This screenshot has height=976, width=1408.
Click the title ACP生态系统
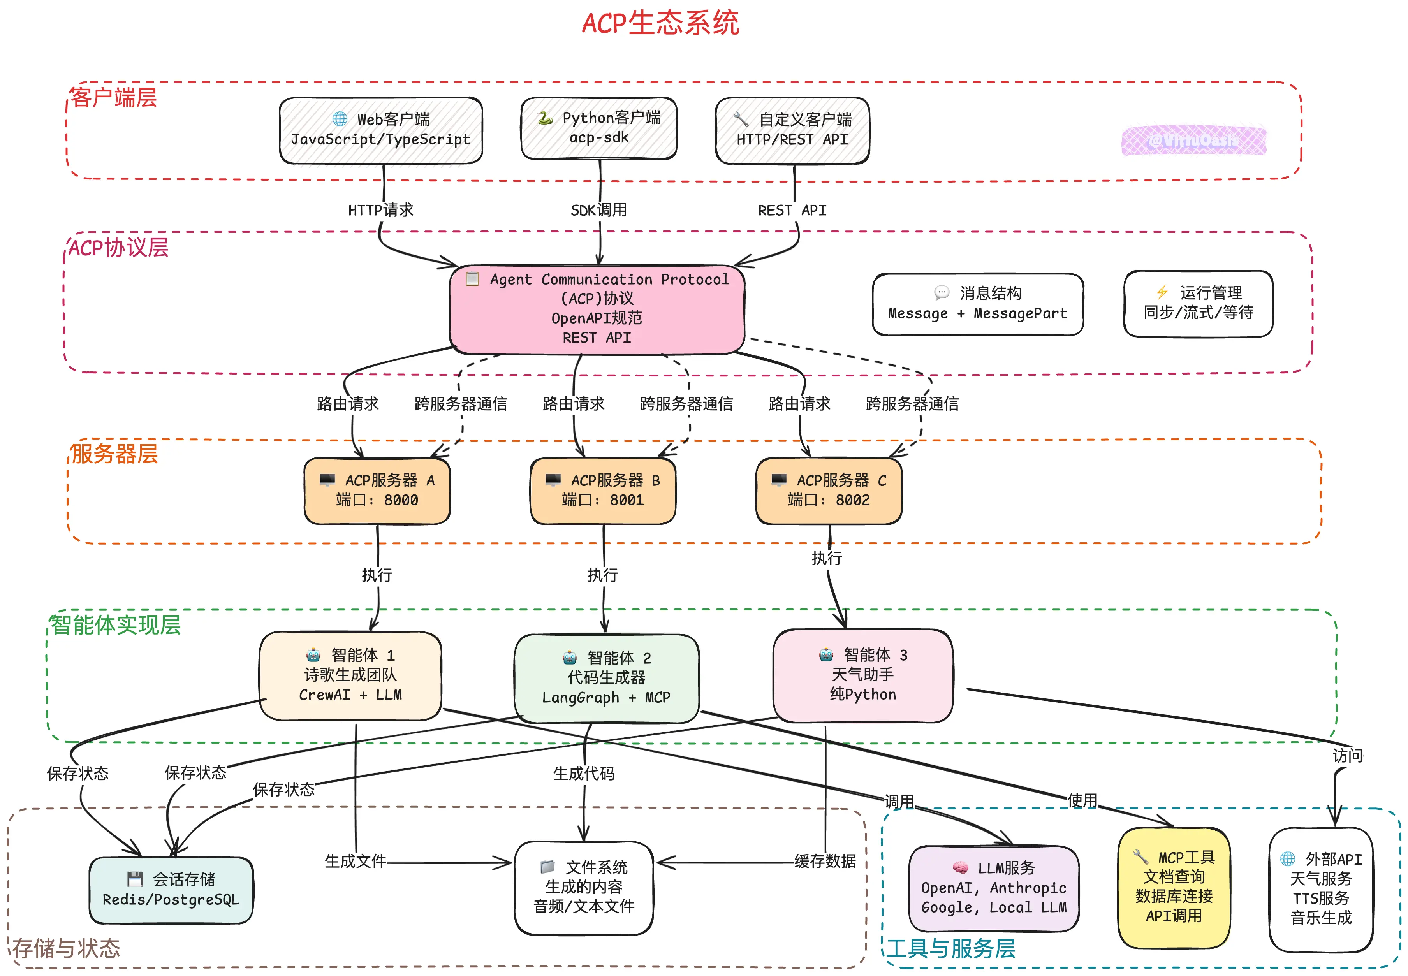(660, 23)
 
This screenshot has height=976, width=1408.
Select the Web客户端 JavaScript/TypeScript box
(380, 130)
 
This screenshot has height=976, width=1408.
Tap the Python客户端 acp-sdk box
(599, 128)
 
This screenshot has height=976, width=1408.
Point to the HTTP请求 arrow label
(380, 210)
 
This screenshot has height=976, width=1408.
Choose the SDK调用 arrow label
(599, 210)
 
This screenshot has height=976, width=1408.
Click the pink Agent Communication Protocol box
(597, 309)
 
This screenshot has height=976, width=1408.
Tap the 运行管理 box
(1198, 303)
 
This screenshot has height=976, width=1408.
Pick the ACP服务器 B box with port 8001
(603, 491)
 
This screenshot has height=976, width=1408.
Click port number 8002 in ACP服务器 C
(853, 500)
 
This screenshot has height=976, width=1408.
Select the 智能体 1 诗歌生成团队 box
(350, 675)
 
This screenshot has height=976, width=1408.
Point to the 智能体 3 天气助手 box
(863, 675)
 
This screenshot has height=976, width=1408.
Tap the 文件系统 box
(584, 887)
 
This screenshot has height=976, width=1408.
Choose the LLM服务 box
(994, 888)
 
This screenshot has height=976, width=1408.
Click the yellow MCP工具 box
(1174, 887)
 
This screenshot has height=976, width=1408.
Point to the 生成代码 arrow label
(584, 774)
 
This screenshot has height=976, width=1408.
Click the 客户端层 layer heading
(114, 98)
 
